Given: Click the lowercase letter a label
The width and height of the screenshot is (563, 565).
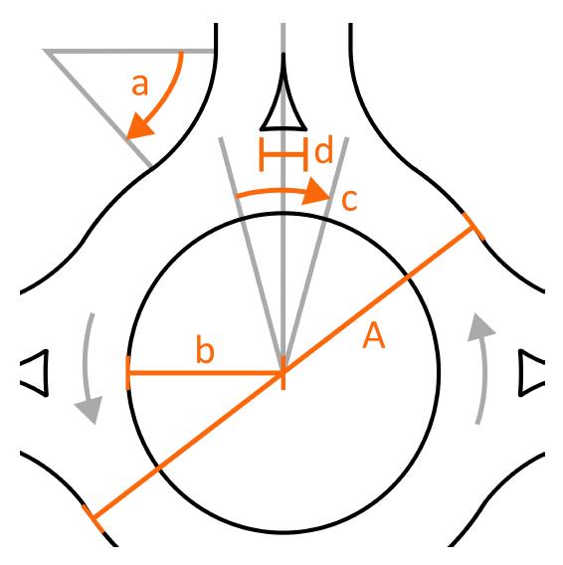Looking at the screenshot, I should tap(140, 85).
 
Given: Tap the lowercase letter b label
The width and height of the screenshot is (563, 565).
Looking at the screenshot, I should tap(205, 351).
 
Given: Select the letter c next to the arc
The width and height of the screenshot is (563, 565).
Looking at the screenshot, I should tap(349, 200).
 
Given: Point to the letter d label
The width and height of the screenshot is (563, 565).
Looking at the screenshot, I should tap(323, 152).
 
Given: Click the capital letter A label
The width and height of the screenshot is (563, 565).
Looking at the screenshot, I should tap(374, 336).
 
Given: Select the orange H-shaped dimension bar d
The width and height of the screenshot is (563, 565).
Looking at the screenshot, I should tap(283, 153).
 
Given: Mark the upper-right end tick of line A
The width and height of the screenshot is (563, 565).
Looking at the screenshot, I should tap(474, 231).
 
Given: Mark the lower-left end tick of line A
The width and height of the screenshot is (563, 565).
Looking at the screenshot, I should tap(93, 517).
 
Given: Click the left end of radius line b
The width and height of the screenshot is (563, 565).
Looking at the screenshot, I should tap(128, 373).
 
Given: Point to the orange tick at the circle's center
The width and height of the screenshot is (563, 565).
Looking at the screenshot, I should tap(283, 374).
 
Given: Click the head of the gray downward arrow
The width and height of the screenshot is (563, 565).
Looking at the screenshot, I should tap(92, 409).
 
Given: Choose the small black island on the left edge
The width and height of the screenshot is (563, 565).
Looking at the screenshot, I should tap(35, 373).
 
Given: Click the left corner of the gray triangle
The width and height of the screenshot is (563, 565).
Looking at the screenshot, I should tap(48, 51).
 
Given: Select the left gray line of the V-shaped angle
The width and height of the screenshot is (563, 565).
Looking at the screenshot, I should tap(251, 249).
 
